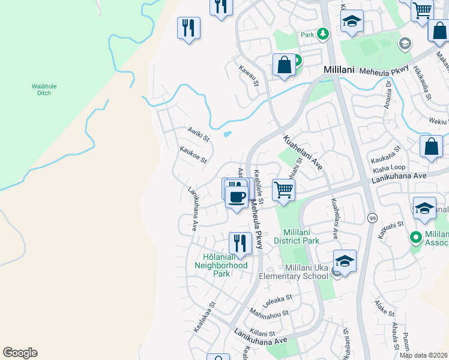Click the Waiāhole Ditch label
point(44,89)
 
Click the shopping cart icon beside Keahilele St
point(283,190)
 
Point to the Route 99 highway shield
point(373,217)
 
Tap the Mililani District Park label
point(296,236)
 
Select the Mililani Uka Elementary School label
point(294,272)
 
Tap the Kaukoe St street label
point(193,155)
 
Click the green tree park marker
point(324,34)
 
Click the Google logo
point(20,353)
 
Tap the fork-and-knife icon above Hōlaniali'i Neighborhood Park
point(240,243)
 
